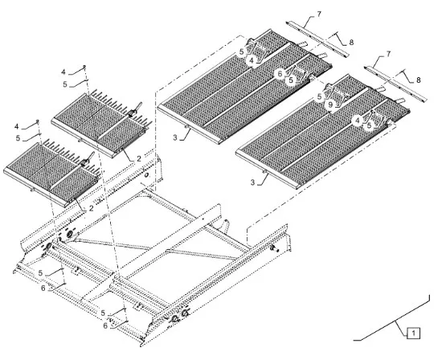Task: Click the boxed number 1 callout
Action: click(x=414, y=333)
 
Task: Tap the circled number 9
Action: click(x=330, y=105)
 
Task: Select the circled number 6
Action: click(x=280, y=74)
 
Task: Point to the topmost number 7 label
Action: click(x=319, y=14)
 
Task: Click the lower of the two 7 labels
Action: click(x=388, y=54)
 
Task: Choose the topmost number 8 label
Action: click(x=351, y=43)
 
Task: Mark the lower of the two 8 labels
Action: click(x=418, y=80)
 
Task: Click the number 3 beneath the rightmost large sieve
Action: click(x=252, y=182)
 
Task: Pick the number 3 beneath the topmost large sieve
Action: click(x=175, y=137)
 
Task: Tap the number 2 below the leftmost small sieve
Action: click(x=91, y=208)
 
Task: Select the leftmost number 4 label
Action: click(x=17, y=126)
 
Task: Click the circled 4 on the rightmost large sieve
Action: click(x=358, y=121)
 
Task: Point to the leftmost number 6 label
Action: click(x=43, y=288)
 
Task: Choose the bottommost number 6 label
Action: click(x=105, y=325)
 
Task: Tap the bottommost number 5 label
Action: click(x=103, y=313)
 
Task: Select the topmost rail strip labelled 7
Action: click(x=317, y=39)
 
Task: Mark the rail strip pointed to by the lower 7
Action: click(x=395, y=84)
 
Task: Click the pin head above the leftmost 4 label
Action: click(x=37, y=121)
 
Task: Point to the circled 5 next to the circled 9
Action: click(x=319, y=96)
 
